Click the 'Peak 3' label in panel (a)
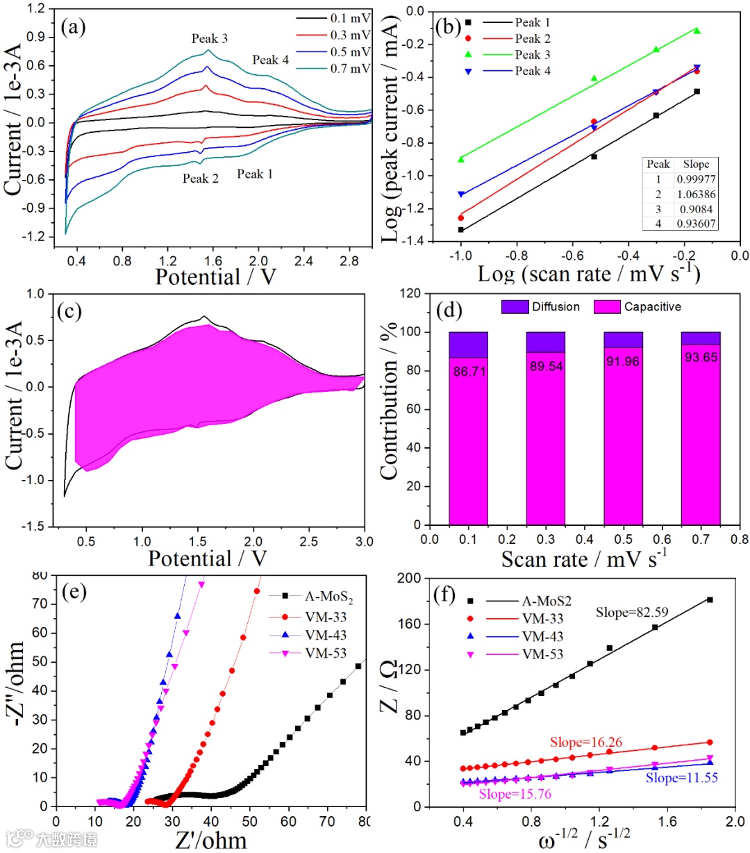tap(209, 39)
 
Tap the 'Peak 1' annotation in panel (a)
tap(255, 174)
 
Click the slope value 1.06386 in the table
tap(696, 194)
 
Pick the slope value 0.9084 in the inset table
tap(696, 209)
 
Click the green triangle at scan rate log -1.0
tap(460, 159)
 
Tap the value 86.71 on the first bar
tap(469, 372)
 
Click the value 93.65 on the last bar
tap(700, 358)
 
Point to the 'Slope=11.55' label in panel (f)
tap(681, 778)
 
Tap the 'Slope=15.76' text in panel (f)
tap(515, 794)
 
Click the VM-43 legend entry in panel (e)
tap(326, 635)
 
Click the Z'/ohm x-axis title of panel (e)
tap(211, 839)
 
